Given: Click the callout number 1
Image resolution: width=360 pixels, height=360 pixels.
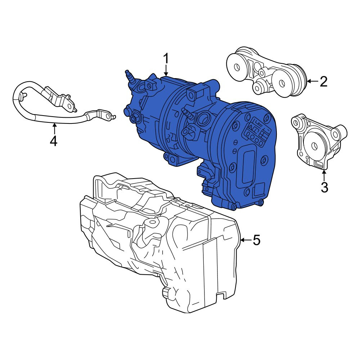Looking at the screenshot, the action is coord(166,59).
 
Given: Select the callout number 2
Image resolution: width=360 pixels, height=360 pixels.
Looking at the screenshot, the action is coord(323,81).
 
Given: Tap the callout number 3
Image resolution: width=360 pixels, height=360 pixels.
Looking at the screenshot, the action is coord(324,187).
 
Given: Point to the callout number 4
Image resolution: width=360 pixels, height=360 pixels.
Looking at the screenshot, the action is coord(54,141).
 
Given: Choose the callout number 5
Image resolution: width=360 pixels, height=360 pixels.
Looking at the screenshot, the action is coord(256,240).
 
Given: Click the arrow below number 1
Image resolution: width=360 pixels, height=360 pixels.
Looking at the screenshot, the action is coord(166,71).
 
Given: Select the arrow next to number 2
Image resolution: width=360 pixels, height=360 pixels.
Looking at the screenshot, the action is coord(312,81).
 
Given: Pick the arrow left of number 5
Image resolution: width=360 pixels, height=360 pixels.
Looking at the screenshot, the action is coord(246,240).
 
